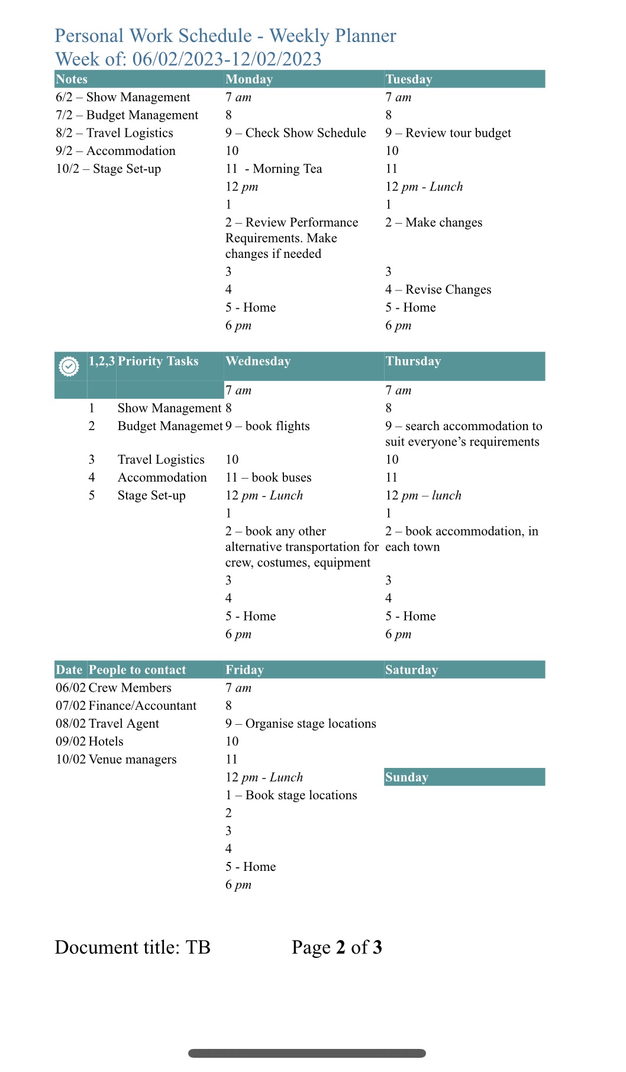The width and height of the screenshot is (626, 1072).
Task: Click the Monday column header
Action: (x=249, y=79)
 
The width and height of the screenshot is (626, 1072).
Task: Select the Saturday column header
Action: (x=411, y=670)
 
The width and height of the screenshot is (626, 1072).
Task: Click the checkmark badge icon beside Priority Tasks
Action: (x=69, y=366)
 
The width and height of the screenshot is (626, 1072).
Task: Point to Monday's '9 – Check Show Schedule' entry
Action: (x=295, y=133)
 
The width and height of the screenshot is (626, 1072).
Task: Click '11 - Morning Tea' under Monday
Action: (x=273, y=169)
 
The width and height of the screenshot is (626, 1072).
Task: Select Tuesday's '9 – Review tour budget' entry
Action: (x=448, y=133)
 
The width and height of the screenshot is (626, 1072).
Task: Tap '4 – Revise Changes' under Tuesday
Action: (x=438, y=289)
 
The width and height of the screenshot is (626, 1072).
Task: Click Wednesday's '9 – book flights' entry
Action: (x=267, y=426)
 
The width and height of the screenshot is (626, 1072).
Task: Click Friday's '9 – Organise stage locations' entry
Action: (x=301, y=724)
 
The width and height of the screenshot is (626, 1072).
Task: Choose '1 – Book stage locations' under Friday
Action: (x=291, y=795)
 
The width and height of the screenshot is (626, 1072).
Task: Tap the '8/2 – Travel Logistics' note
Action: (x=114, y=133)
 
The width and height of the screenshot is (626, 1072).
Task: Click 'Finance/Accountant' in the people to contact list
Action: (x=142, y=706)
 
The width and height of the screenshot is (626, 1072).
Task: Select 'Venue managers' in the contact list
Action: (x=133, y=759)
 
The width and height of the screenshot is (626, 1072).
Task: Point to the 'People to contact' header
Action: (x=137, y=670)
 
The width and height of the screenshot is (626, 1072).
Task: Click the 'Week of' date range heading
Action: (x=188, y=59)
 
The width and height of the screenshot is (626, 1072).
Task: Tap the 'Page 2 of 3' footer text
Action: (x=337, y=947)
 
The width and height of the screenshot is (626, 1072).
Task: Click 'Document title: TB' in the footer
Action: (x=133, y=947)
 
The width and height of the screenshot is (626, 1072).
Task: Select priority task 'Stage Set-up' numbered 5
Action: (x=151, y=495)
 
